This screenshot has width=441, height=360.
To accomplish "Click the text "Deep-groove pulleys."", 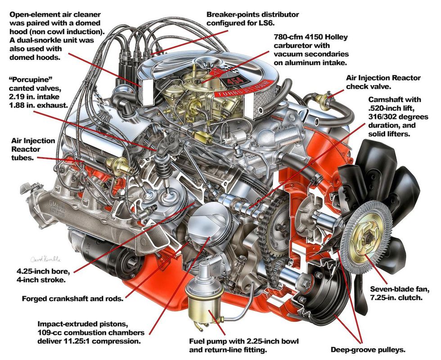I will [368, 349].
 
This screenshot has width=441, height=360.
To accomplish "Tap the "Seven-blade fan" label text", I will [392, 288].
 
